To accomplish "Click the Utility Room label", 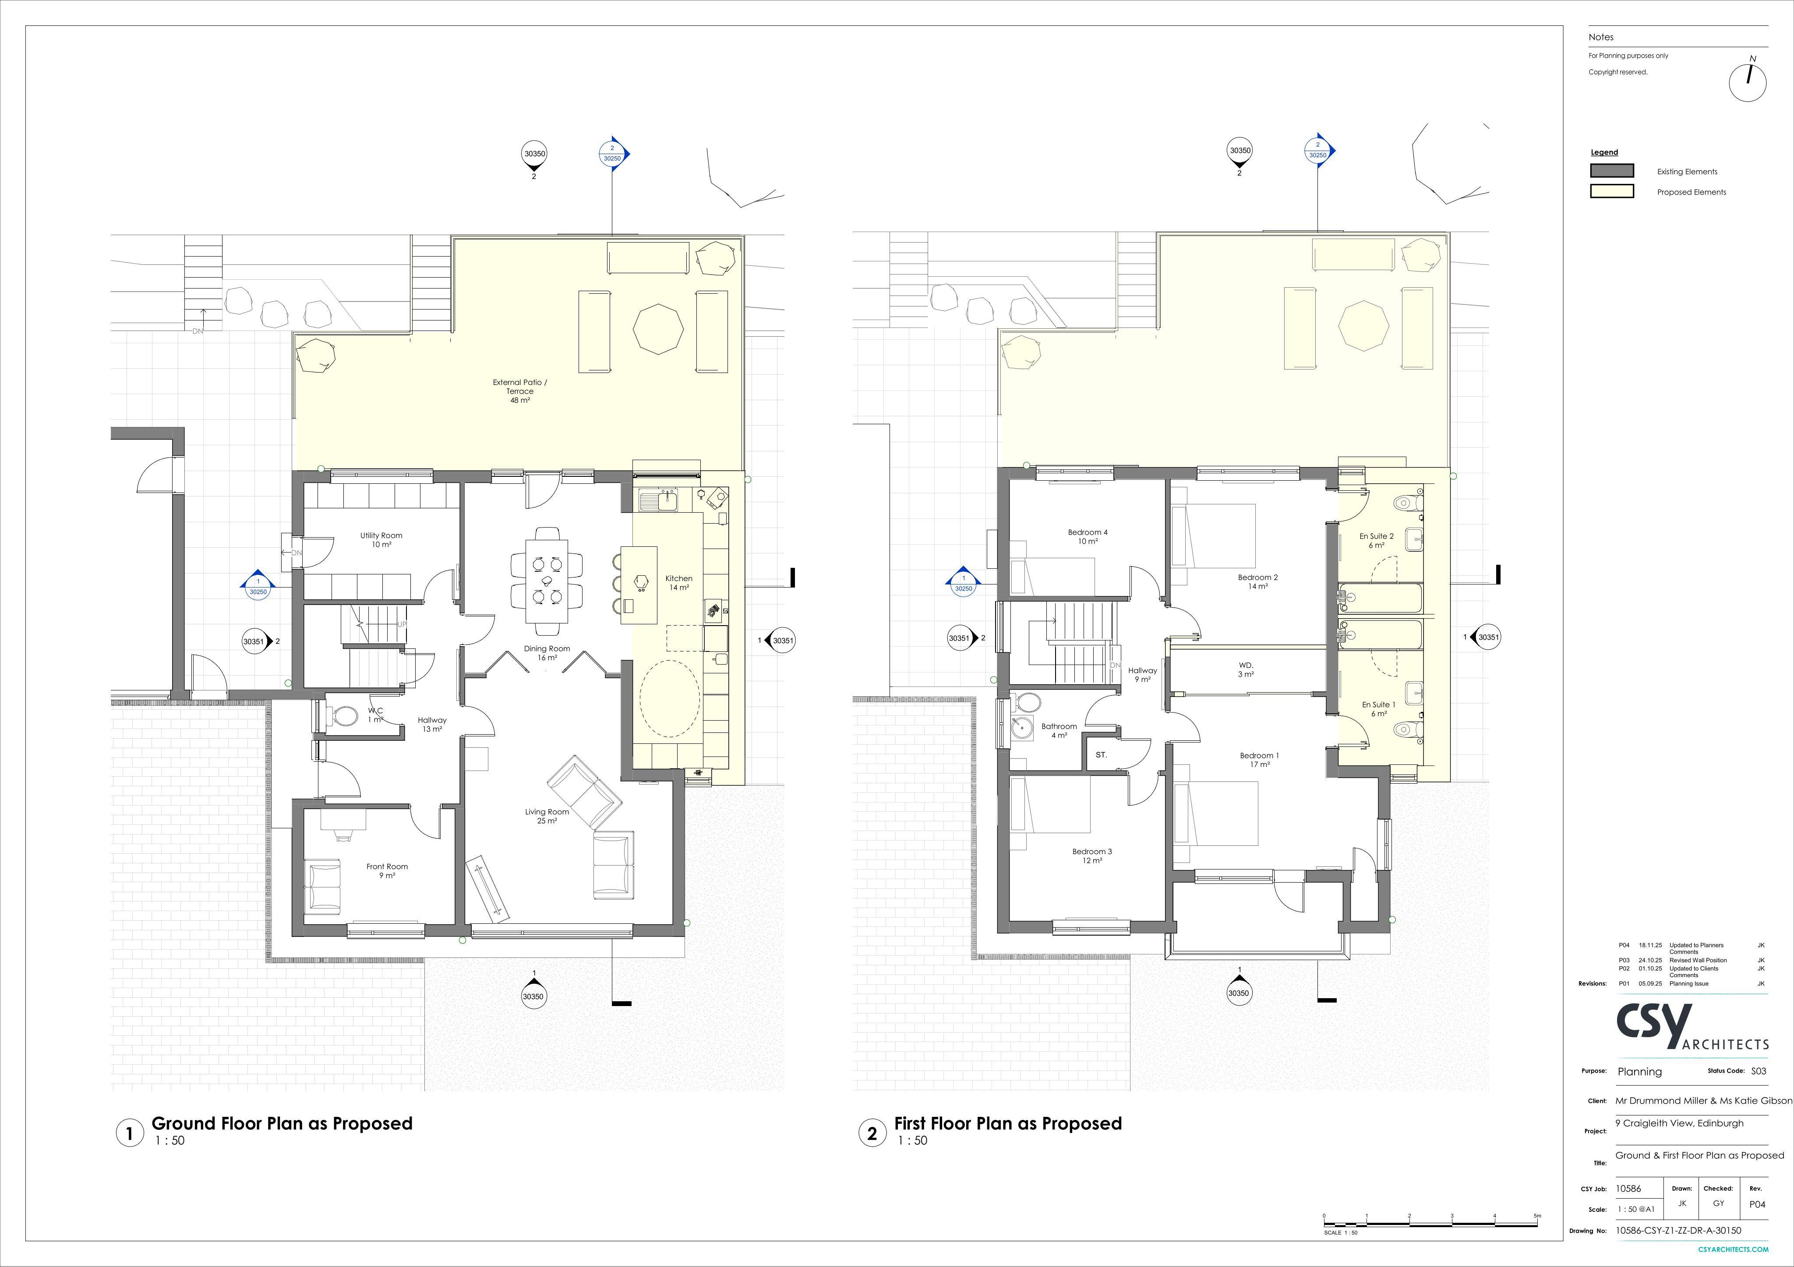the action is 381,536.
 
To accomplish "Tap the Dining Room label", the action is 547,648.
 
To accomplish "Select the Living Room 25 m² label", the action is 547,817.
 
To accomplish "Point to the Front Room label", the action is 388,866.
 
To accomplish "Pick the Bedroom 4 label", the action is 1088,533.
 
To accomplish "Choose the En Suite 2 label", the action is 1377,537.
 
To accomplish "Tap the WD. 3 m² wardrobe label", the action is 1246,669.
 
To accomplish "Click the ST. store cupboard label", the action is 1102,755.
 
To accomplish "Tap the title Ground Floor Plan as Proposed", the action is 282,1123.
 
